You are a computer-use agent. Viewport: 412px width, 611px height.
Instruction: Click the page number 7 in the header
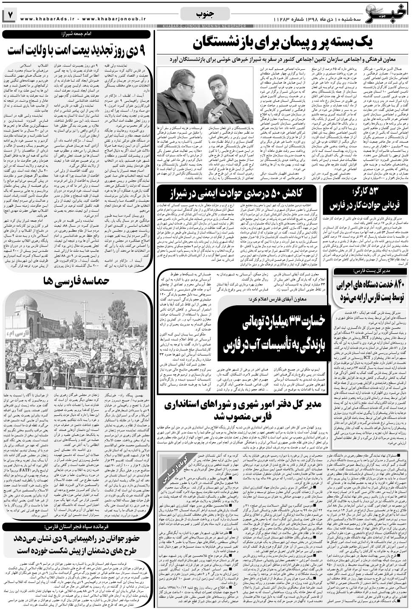(9, 15)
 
